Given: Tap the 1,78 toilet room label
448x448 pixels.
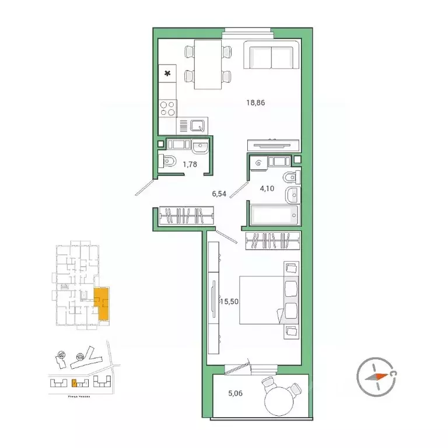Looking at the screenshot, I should pyautogui.click(x=190, y=164).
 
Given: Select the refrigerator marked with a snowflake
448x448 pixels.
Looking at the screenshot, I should pyautogui.click(x=168, y=73).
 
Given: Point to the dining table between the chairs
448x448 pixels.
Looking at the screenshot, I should pyautogui.click(x=208, y=64).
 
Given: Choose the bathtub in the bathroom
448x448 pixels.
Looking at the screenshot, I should pyautogui.click(x=274, y=215).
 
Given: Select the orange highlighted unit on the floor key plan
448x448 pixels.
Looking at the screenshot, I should pyautogui.click(x=102, y=304).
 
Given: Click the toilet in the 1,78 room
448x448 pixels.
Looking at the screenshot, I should pyautogui.click(x=168, y=163).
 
